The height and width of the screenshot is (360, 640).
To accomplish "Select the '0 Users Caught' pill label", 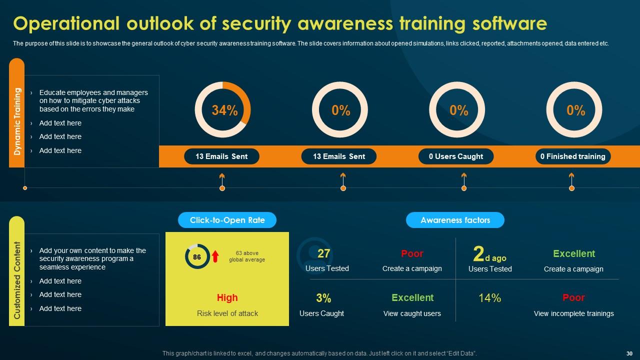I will click(456, 156).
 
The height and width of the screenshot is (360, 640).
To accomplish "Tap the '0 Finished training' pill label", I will click(572, 156).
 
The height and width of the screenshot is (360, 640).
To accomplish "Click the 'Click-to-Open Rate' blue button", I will click(227, 220).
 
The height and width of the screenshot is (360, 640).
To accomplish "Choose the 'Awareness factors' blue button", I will click(455, 220).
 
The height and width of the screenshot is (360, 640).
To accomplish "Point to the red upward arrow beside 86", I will click(215, 256).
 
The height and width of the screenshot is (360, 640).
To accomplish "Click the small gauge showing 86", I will click(197, 256).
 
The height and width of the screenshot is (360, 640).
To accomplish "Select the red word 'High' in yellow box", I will click(227, 298).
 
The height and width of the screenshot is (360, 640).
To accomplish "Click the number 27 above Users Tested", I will click(324, 253).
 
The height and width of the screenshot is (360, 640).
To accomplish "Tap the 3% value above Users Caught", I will click(323, 298).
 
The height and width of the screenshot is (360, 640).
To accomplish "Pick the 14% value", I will click(489, 298).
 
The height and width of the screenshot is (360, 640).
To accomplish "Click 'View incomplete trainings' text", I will click(573, 313).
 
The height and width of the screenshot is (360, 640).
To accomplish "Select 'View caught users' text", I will click(412, 313).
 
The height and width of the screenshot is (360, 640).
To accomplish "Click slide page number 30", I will click(629, 353).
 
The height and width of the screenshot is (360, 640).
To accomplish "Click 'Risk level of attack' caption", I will click(227, 313).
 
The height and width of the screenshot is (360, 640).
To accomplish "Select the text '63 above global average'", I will click(247, 256).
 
